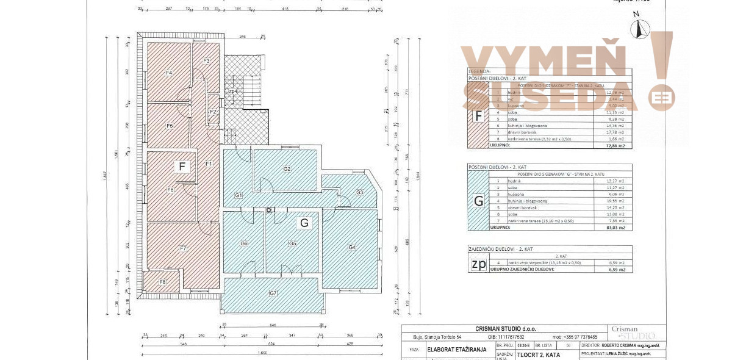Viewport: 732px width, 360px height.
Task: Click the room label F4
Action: [169, 73]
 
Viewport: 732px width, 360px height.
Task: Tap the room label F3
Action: [206, 61]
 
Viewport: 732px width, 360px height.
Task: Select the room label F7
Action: [182, 248]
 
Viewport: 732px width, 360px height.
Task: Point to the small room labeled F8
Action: [162, 282]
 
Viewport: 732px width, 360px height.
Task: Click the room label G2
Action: [287, 169]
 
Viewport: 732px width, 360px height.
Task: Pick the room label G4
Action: [351, 247]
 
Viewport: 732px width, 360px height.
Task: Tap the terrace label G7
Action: [273, 293]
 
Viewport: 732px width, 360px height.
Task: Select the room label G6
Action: [243, 243]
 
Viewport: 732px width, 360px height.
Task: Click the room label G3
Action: [359, 193]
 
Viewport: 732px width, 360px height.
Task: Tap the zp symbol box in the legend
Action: [478, 264]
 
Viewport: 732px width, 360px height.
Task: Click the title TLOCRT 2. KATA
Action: [536, 355]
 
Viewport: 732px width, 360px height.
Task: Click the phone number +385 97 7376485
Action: [575, 337]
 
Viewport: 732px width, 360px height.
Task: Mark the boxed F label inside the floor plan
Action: [181, 166]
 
